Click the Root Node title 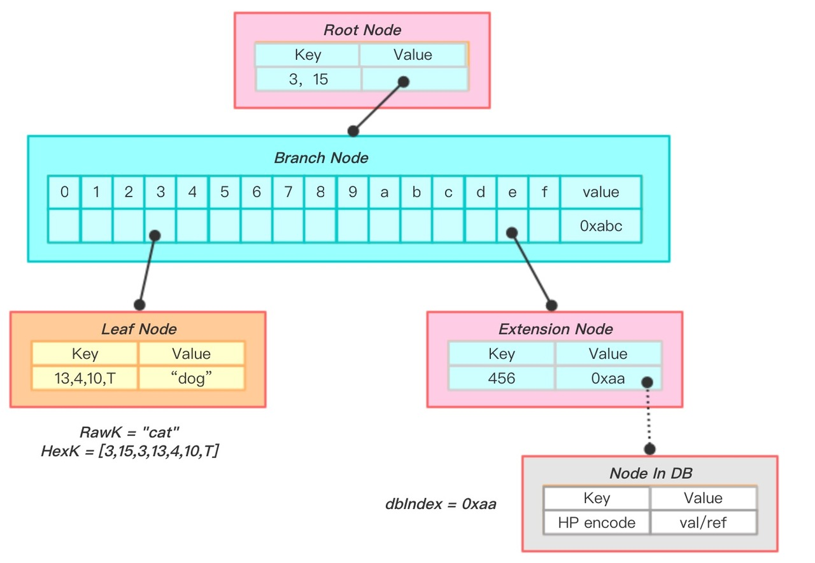pos(362,30)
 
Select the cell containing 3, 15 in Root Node pos(308,80)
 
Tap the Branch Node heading pos(321,158)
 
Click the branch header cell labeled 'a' pos(385,192)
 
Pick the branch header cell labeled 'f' pos(544,192)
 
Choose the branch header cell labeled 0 pos(64,192)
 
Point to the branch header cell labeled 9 pos(353,192)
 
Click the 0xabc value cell pos(600,226)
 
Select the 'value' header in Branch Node pos(600,192)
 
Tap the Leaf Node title pos(139,329)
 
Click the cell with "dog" pos(191,379)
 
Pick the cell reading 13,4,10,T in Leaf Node pos(85,379)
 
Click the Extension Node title pos(555,329)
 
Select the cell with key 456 pos(502,379)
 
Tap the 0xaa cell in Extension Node pos(607,379)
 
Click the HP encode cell pos(597,523)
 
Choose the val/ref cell pos(703,523)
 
